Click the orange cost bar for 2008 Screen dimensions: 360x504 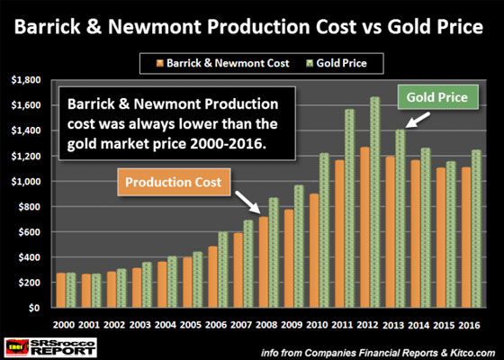tap(264, 262)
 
